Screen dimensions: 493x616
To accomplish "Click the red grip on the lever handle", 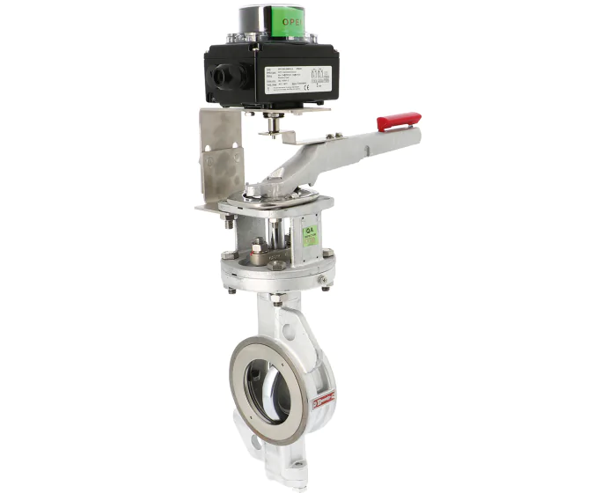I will pyautogui.click(x=399, y=121).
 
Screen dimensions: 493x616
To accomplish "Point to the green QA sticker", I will pyautogui.click(x=310, y=234).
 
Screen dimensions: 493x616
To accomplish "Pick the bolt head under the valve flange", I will pyautogui.click(x=275, y=300).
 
